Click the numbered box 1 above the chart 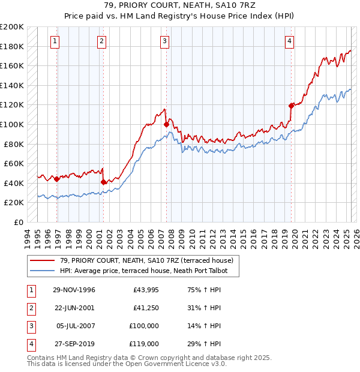pos(55,41)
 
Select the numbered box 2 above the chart pos(101,41)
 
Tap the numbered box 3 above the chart pos(164,41)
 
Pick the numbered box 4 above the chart pos(289,41)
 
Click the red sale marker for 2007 pos(166,125)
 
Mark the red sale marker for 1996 pos(57,179)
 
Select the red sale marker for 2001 pos(103,182)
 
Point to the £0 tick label pos(18,222)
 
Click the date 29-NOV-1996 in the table pos(74,290)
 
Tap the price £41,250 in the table pos(144,308)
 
